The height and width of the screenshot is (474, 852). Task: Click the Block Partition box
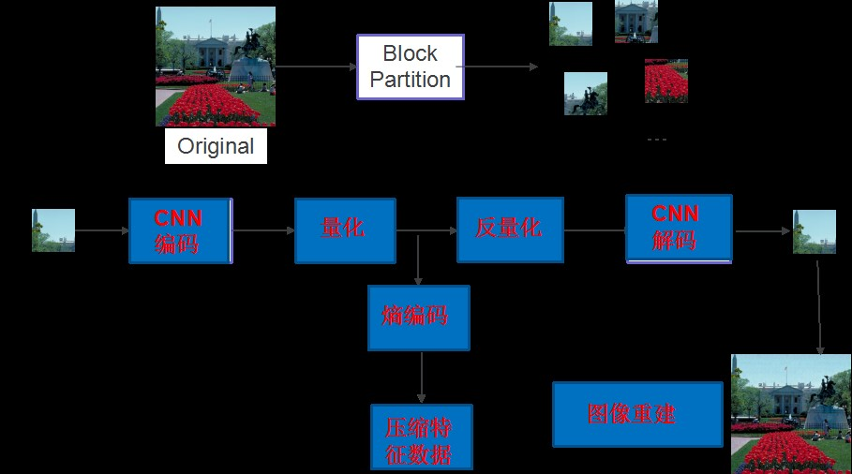(x=411, y=67)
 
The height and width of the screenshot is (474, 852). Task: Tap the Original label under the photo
(x=216, y=146)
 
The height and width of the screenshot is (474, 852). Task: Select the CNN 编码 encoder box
(x=179, y=230)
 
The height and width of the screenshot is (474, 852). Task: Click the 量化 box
(x=344, y=230)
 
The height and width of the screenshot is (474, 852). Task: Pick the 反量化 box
(x=509, y=230)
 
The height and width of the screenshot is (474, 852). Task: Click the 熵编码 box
(x=418, y=318)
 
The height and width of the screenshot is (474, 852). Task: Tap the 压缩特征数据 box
(x=421, y=437)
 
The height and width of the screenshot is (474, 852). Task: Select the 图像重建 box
(x=636, y=414)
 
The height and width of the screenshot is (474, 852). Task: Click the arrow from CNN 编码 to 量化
(x=263, y=230)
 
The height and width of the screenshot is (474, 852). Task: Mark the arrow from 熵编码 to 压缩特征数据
(x=422, y=378)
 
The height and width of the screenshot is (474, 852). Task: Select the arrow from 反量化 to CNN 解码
(x=594, y=230)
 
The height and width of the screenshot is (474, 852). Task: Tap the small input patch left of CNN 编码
(x=53, y=230)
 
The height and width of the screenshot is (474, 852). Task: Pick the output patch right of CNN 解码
(x=814, y=231)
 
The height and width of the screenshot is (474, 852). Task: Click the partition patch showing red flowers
(x=666, y=81)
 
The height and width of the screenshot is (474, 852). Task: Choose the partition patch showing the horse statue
(x=586, y=94)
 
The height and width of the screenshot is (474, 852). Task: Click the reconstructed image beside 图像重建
(x=791, y=414)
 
